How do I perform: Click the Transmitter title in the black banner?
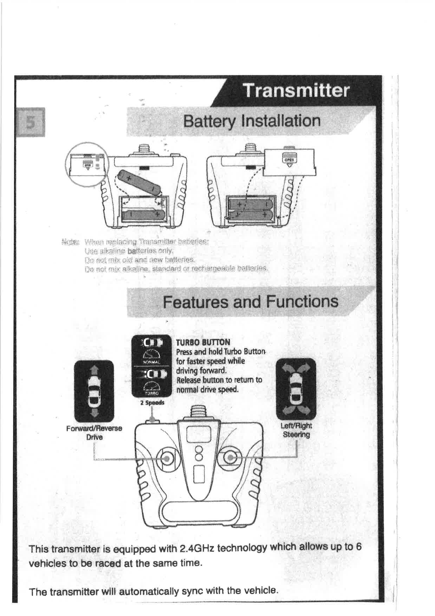(x=296, y=90)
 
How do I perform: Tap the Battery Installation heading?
(x=252, y=121)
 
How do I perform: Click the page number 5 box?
(x=30, y=122)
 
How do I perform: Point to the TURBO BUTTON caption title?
(x=203, y=342)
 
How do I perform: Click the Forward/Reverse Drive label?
(x=94, y=433)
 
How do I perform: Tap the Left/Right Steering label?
(x=296, y=430)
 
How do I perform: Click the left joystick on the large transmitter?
(x=167, y=458)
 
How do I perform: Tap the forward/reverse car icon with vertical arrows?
(x=94, y=391)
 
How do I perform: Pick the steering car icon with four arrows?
(x=296, y=389)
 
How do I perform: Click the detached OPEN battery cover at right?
(x=289, y=162)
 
